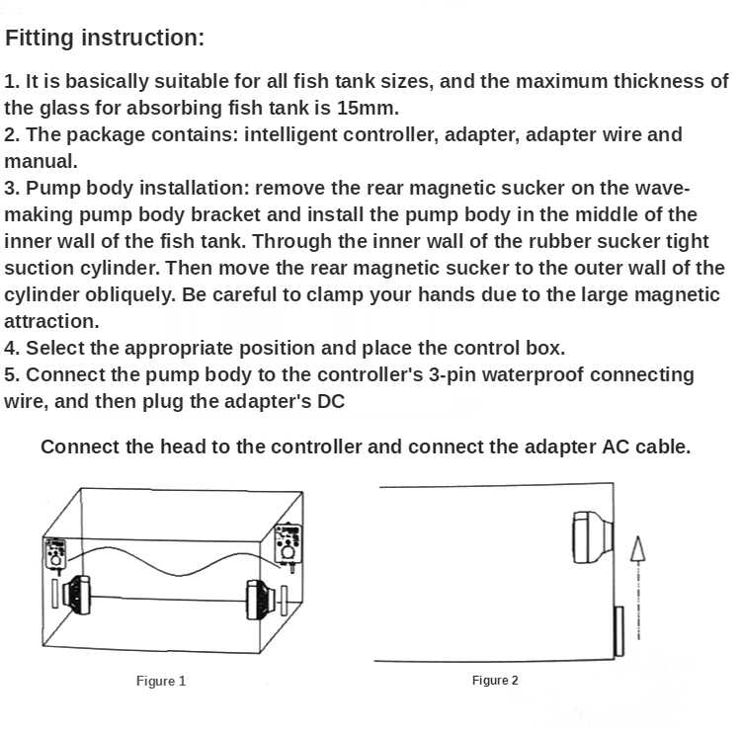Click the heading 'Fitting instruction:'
(x=105, y=39)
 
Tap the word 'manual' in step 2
(x=39, y=161)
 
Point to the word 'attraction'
(x=49, y=321)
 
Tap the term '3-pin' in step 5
(x=437, y=374)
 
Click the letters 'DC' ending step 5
(x=331, y=401)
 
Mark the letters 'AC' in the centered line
(x=615, y=447)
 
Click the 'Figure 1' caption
(x=161, y=681)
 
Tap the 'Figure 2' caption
(x=495, y=680)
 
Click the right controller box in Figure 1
(x=288, y=542)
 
